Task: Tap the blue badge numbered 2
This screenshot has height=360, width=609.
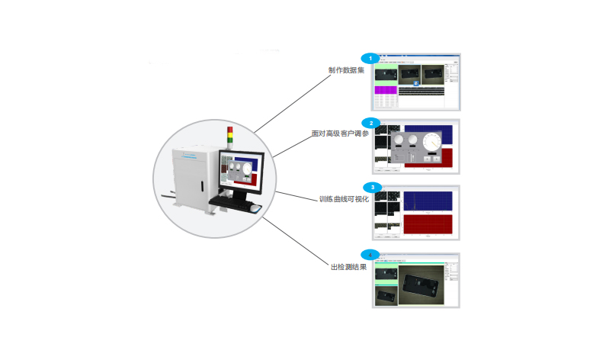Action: pyautogui.click(x=370, y=122)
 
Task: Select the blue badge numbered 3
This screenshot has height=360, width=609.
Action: pyautogui.click(x=371, y=187)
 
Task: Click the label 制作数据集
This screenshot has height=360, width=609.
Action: pyautogui.click(x=346, y=70)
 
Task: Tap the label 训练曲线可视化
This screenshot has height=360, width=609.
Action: pyautogui.click(x=343, y=199)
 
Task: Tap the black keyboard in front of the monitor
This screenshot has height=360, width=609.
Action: pyautogui.click(x=232, y=201)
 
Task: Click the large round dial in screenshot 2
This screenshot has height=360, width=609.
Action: pyautogui.click(x=433, y=142)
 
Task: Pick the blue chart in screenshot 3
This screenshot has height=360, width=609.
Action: pyautogui.click(x=428, y=200)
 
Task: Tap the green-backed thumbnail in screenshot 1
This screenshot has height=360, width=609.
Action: pyautogui.click(x=388, y=72)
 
